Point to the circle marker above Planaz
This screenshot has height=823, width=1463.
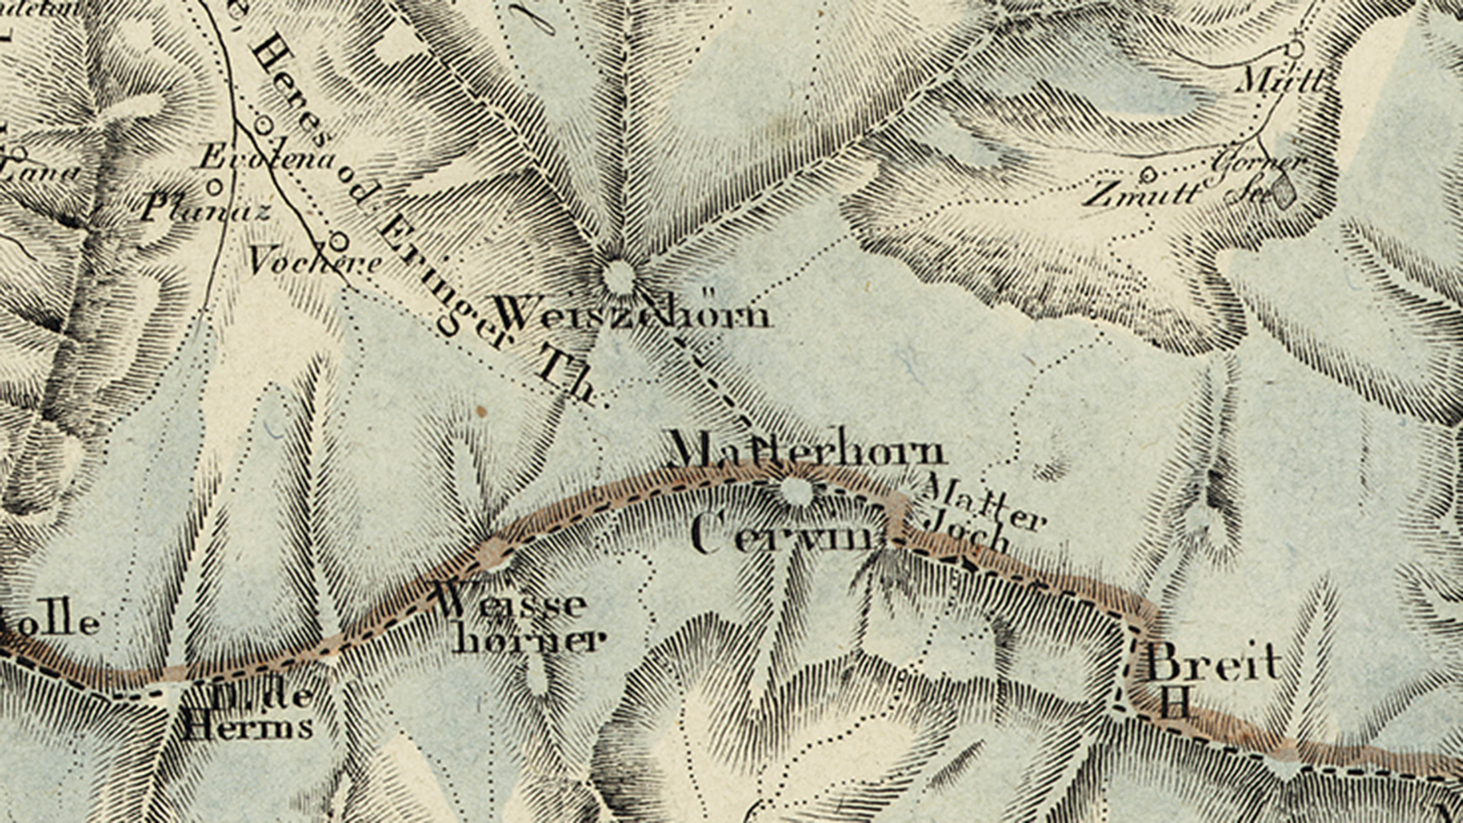pos(215,186)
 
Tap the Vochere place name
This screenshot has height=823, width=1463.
pos(314,263)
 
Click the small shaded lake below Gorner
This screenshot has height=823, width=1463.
pos(1283,192)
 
